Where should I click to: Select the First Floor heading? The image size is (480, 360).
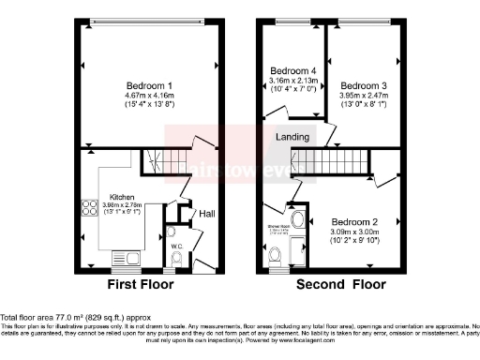click(147, 284)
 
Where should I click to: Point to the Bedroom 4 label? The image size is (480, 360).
click(293, 71)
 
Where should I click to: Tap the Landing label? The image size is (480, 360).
click(292, 137)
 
